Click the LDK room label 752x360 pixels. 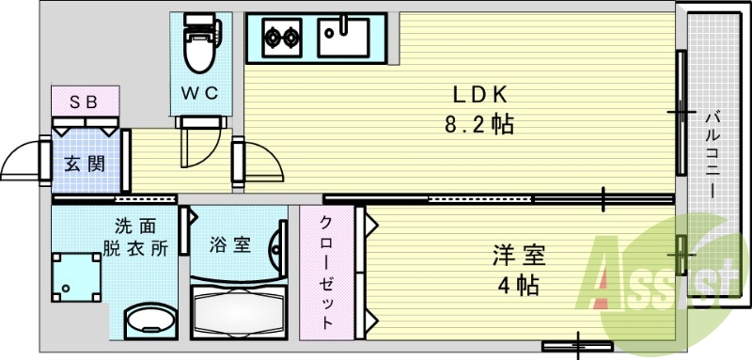pos(480,95)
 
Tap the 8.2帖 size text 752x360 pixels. pos(480,123)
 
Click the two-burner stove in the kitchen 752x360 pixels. pos(278,39)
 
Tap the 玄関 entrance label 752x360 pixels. pos(84,163)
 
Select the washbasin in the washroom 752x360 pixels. pos(147,321)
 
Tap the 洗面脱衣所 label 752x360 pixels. pos(135,237)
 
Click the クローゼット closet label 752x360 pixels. pos(327,273)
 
